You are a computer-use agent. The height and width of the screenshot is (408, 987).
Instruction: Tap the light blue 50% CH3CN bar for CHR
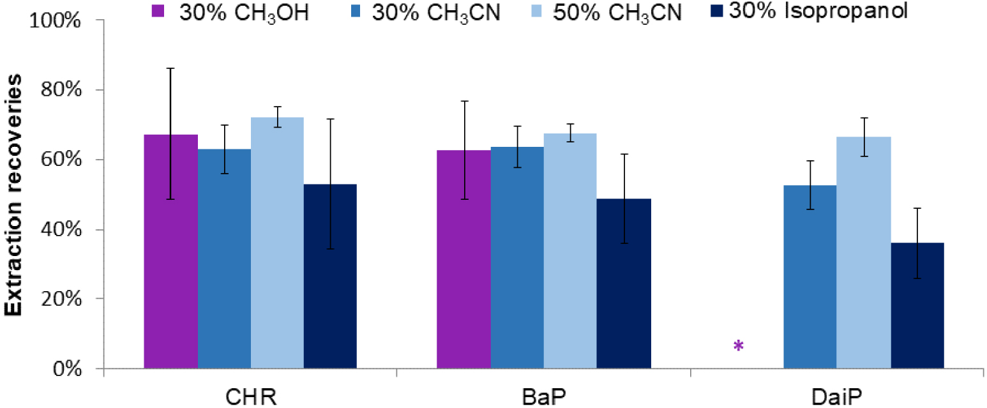tap(277, 243)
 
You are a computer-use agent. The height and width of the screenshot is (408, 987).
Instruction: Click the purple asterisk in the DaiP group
tap(739, 346)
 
